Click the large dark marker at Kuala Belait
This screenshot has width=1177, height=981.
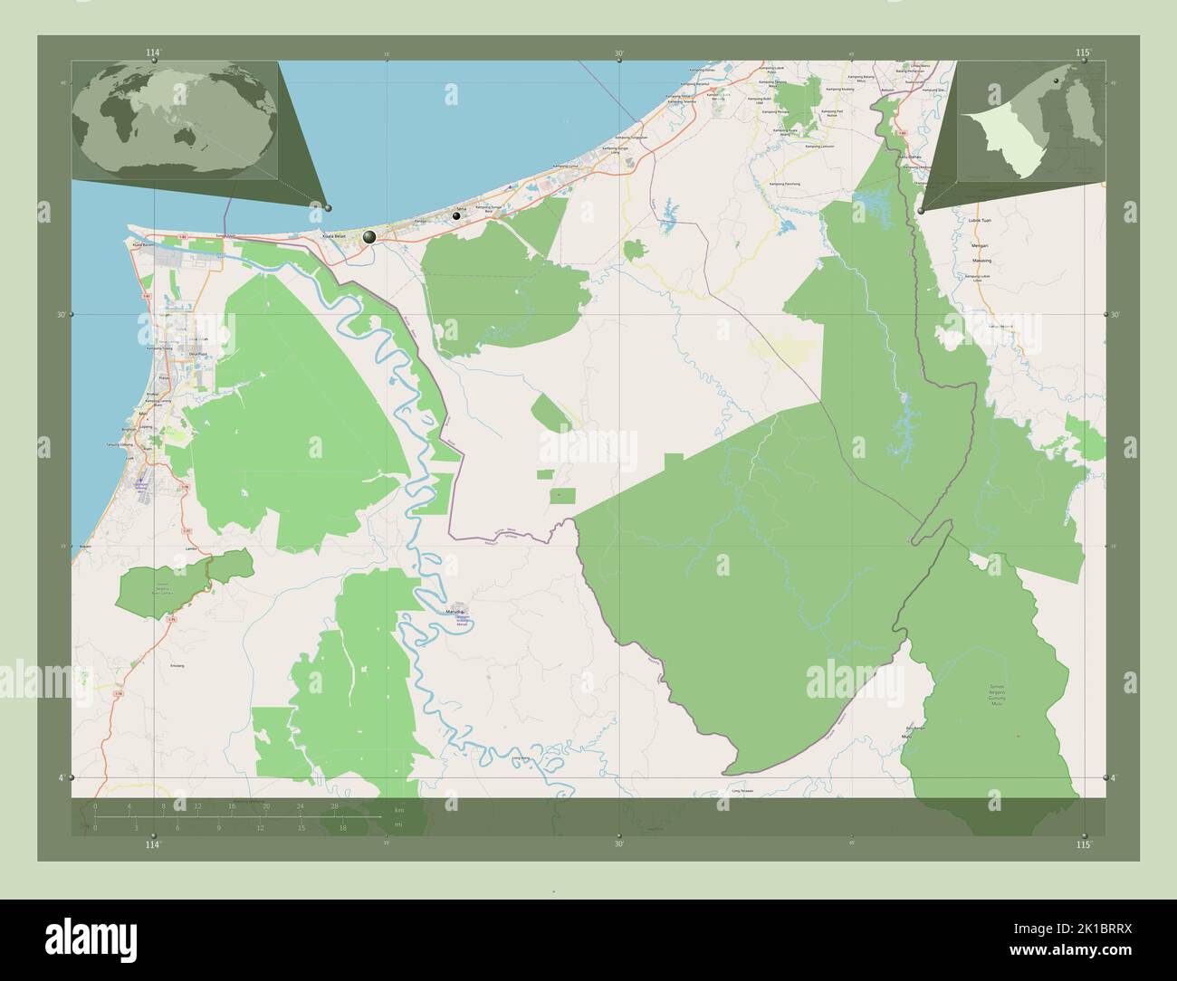pyautogui.click(x=369, y=237)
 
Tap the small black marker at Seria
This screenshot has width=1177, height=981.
pyautogui.click(x=457, y=216)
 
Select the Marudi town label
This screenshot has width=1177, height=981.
pyautogui.click(x=455, y=612)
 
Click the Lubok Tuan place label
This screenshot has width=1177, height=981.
pyautogui.click(x=981, y=221)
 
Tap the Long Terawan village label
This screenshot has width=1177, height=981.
pyautogui.click(x=743, y=791)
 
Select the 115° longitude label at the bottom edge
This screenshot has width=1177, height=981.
pyautogui.click(x=1082, y=844)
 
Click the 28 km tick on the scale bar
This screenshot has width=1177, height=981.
pyautogui.click(x=334, y=805)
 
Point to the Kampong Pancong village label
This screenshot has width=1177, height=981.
pyautogui.click(x=784, y=184)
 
